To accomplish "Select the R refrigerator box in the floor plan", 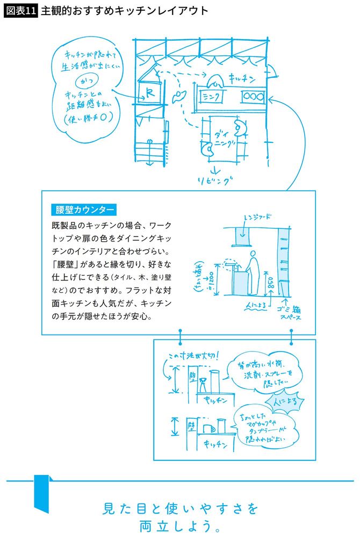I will (148, 92).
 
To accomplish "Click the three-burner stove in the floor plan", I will (253, 96).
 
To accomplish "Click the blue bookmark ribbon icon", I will (42, 493).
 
